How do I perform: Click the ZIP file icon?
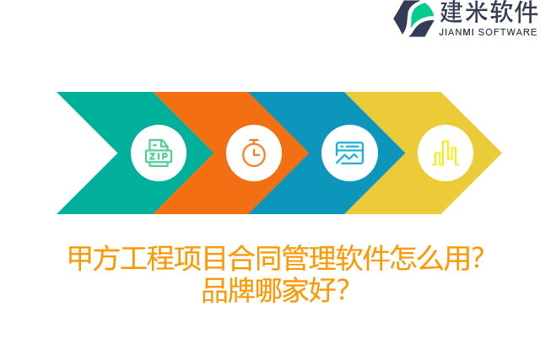[x=159, y=153]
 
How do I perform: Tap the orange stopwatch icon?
[x=254, y=153]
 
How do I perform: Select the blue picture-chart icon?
[x=349, y=153]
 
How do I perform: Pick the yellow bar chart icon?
[x=445, y=153]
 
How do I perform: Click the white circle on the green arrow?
[x=159, y=135]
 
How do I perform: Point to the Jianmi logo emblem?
[x=414, y=18]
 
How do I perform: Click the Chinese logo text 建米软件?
[x=488, y=13]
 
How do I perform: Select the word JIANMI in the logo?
[x=457, y=32]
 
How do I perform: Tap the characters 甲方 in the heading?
[x=93, y=259]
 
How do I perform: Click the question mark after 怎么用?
[x=478, y=259]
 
